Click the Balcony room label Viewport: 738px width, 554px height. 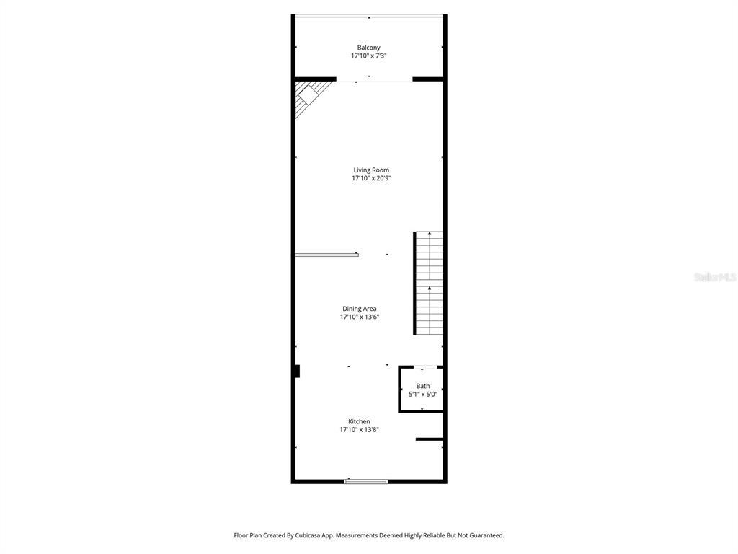pos(368,48)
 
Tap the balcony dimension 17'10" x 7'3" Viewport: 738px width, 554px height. pos(368,56)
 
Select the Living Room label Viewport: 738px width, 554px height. pos(371,170)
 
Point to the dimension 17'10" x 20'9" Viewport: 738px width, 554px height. pos(371,178)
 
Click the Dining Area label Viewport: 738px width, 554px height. pos(360,309)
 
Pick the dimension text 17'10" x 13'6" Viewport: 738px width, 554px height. pos(360,317)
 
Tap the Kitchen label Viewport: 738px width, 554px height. pos(359,421)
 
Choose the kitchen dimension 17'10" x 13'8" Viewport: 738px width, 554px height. pos(359,429)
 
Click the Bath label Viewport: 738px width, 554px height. pos(422,386)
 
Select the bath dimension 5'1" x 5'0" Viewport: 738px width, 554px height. pos(422,394)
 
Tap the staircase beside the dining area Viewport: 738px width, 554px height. pos(429,283)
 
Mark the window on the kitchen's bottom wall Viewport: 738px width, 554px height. pos(366,481)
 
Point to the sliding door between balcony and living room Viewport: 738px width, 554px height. pos(374,80)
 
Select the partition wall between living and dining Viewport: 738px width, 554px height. pos(326,255)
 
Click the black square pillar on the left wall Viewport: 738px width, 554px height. pos(296,371)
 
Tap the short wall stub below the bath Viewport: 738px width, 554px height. pos(429,439)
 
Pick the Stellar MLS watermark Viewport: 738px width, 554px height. pos(714,277)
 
